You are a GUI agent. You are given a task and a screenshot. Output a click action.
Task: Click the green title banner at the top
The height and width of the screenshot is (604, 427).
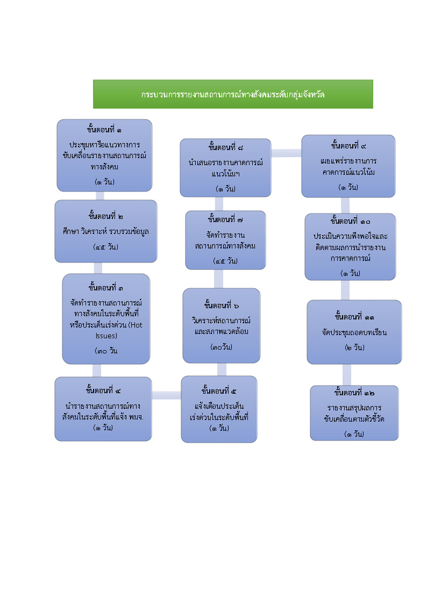pos(233,94)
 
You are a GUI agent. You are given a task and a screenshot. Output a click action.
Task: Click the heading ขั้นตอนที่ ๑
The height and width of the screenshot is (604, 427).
pos(104,130)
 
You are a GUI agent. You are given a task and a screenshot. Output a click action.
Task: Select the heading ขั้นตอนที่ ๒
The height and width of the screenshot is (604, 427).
pos(105,216)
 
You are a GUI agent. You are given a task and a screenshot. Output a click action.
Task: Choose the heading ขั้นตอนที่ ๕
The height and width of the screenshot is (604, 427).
pos(219,390)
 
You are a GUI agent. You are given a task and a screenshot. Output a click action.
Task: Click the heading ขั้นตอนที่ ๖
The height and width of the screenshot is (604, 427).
pos(222,305)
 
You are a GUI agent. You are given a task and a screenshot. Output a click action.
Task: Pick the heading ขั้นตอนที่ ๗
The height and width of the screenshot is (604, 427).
pos(225,219)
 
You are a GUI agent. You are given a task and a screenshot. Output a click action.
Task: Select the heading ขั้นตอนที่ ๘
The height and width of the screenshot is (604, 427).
pos(225,147)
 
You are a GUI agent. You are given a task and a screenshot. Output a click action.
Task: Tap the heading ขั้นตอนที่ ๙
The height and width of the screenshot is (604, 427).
pos(349,146)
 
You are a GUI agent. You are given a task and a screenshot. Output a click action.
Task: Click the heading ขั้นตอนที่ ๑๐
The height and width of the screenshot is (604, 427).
pos(350,221)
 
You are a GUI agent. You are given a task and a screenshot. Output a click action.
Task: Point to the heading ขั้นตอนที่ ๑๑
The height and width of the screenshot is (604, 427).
pos(354,316)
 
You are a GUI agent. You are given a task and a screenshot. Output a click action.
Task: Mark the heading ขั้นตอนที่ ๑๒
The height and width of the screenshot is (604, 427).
pos(354,392)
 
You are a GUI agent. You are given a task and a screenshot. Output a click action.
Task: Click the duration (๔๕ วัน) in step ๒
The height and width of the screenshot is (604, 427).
pos(105,247)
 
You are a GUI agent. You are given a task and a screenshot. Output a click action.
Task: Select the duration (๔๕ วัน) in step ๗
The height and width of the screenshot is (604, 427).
pos(225,261)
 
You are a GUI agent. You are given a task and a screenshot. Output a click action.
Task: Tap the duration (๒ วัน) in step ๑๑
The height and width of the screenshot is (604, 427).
pos(354,347)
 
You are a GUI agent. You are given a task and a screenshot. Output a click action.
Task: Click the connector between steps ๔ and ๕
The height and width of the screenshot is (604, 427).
pos(166,395)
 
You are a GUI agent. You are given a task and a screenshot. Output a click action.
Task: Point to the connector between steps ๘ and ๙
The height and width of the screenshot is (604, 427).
pos(286,153)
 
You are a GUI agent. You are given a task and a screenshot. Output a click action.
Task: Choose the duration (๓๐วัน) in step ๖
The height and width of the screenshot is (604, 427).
pos(222,347)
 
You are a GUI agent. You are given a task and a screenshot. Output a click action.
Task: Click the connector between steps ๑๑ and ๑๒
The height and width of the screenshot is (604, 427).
pos(347,375)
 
